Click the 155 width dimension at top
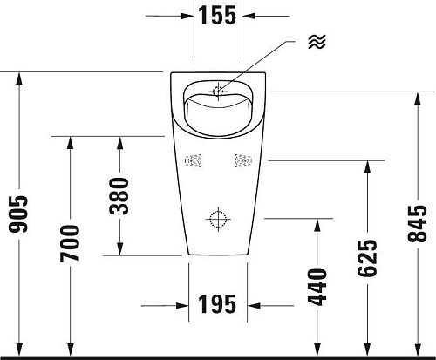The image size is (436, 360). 217,17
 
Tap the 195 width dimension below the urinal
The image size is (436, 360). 217,304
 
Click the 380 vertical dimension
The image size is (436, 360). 121,196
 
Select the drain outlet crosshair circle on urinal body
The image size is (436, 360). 218,218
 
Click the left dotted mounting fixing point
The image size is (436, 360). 194,160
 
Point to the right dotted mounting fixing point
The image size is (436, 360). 242,160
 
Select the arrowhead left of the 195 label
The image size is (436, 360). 184,305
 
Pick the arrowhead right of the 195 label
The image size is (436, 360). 252,305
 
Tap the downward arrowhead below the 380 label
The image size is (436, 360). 121,248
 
